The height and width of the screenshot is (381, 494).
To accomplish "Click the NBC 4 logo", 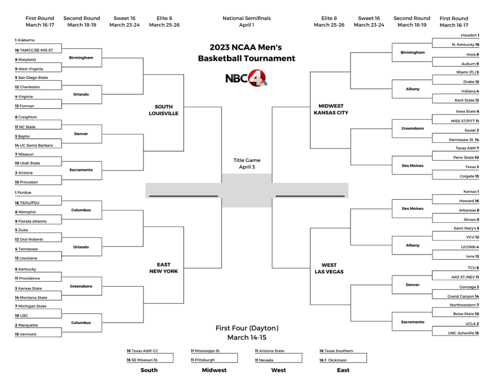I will click(x=246, y=78).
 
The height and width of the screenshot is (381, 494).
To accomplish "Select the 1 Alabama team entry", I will click(x=25, y=40).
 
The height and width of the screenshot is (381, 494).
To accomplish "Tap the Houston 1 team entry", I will click(x=467, y=35).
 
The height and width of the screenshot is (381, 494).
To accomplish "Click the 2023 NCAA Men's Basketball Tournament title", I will click(x=246, y=53).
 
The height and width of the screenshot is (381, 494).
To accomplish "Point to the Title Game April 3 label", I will click(x=246, y=164).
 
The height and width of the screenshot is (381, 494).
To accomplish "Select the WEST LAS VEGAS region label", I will click(x=330, y=268).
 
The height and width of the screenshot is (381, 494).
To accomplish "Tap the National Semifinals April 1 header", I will click(x=246, y=21).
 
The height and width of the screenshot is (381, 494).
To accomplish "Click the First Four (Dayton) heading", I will click(x=246, y=328).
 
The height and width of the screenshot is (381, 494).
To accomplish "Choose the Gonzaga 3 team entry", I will click(x=467, y=287).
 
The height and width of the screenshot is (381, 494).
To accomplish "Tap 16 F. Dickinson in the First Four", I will click(x=335, y=360).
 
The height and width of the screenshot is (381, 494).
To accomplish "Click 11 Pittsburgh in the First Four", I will click(x=203, y=360).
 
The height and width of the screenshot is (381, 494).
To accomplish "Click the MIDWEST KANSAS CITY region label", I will click(x=330, y=109).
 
